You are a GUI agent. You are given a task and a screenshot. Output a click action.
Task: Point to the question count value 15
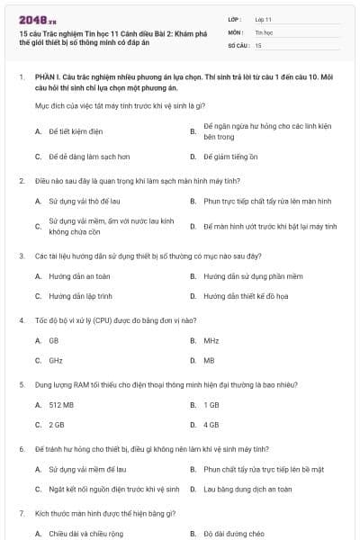coord(258,44)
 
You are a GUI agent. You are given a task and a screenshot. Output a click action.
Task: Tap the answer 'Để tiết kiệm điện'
coord(76,131)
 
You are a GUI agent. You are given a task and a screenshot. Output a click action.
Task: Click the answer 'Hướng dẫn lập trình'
coord(80,295)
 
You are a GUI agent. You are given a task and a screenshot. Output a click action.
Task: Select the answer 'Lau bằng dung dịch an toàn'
coord(247,489)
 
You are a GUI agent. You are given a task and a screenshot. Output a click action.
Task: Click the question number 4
coord(21,320)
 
